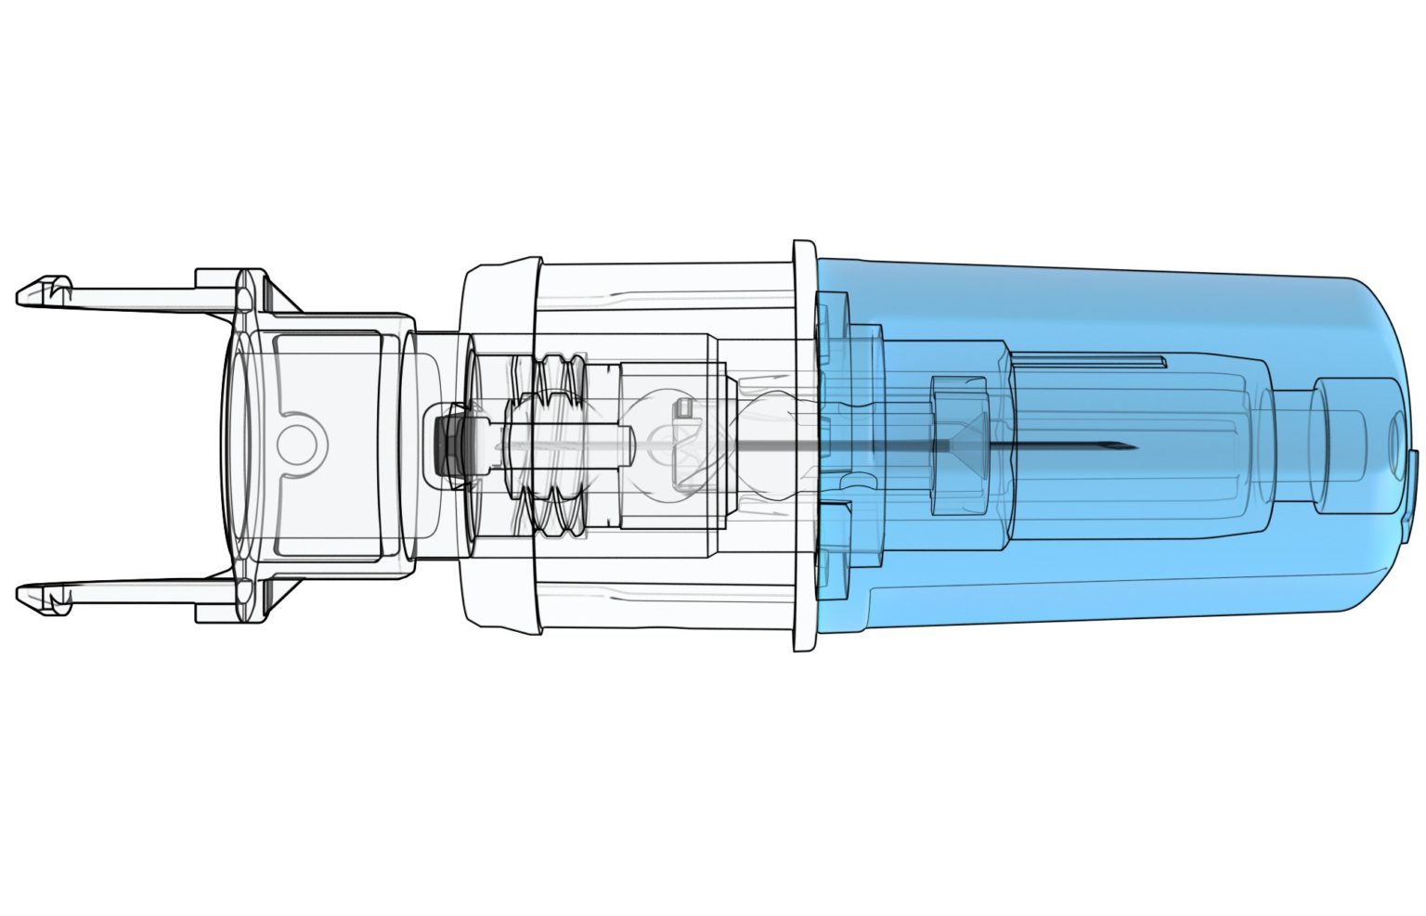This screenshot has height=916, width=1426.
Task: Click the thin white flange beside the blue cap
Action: tap(804, 445)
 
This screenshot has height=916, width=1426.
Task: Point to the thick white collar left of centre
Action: tap(501, 445)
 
